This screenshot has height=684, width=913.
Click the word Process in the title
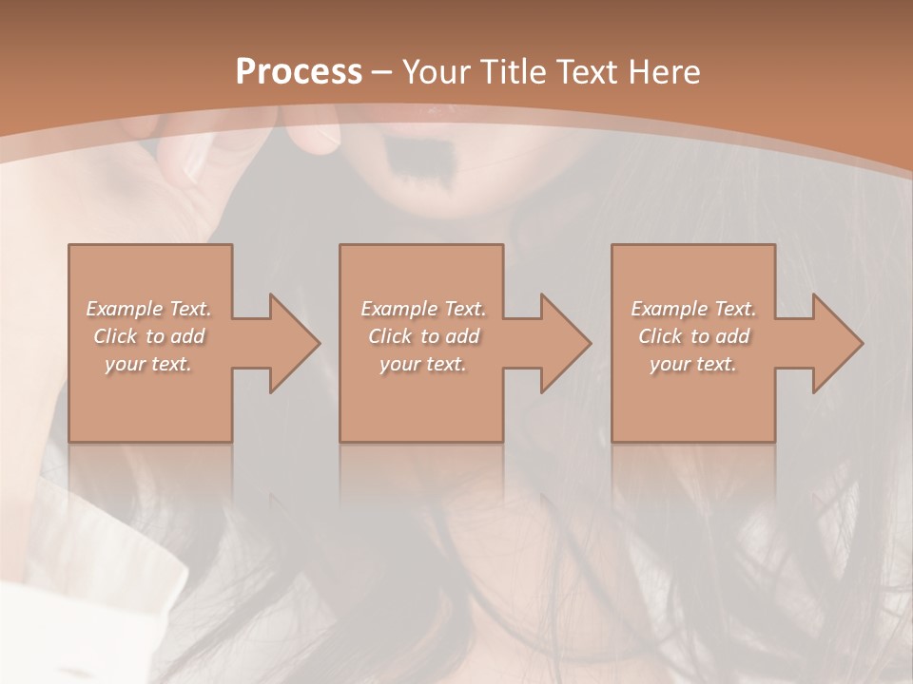click(x=299, y=72)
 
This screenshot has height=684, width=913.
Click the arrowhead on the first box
click(x=289, y=343)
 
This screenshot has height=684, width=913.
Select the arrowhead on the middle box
click(x=561, y=343)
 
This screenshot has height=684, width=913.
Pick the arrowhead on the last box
click(x=833, y=343)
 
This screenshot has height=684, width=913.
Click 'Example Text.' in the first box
click(x=149, y=309)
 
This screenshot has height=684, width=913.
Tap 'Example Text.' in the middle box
click(x=423, y=309)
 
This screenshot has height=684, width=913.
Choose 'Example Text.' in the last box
click(x=693, y=309)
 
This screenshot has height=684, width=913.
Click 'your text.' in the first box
click(x=148, y=364)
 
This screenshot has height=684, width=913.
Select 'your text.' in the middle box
click(x=423, y=364)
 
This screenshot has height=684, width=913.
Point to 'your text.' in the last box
click(x=693, y=364)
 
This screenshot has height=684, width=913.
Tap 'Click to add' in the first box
click(x=149, y=336)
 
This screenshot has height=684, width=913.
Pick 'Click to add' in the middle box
click(x=423, y=336)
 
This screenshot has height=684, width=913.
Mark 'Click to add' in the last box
click(x=693, y=336)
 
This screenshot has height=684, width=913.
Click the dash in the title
click(x=382, y=72)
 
